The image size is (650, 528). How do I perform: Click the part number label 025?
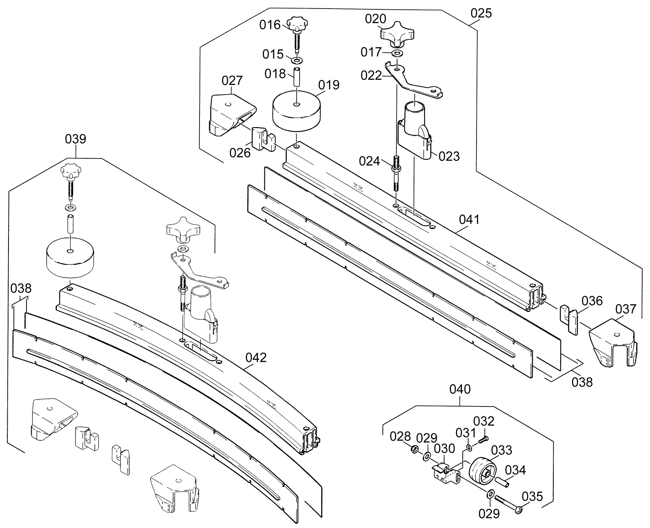481,13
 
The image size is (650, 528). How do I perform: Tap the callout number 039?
76,139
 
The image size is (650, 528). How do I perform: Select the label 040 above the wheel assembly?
460,389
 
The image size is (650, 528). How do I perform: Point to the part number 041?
469,220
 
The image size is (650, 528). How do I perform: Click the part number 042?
256,357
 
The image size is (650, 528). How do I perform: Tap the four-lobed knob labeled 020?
397,34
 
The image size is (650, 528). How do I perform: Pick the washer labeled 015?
297,60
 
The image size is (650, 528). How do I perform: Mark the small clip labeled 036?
569,320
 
